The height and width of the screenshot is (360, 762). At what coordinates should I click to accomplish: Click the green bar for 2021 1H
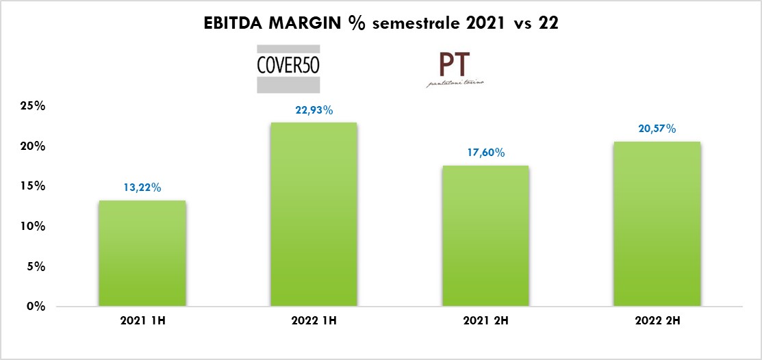(x=142, y=253)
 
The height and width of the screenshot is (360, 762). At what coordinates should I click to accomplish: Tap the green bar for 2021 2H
(x=485, y=235)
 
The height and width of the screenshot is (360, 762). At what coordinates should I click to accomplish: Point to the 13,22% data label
(x=142, y=188)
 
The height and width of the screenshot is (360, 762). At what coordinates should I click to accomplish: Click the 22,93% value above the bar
(x=314, y=110)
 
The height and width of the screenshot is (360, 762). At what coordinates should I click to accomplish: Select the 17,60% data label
(x=485, y=153)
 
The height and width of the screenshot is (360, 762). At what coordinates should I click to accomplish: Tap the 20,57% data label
(x=657, y=129)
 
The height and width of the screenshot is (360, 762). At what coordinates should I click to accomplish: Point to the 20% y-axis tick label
(x=32, y=146)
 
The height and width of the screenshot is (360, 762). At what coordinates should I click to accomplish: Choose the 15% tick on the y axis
(x=32, y=186)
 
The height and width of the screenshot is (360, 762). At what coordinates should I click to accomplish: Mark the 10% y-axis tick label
(x=32, y=227)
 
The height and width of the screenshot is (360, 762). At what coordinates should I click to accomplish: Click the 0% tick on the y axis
(x=36, y=307)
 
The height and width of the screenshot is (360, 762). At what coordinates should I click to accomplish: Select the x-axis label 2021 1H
(x=142, y=320)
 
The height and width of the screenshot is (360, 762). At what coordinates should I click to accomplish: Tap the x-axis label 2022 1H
(x=314, y=320)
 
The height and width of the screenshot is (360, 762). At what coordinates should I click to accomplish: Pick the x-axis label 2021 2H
(x=485, y=320)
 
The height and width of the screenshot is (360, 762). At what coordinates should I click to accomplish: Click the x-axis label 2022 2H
(x=657, y=320)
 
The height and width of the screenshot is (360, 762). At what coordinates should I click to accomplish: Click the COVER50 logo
(x=288, y=68)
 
